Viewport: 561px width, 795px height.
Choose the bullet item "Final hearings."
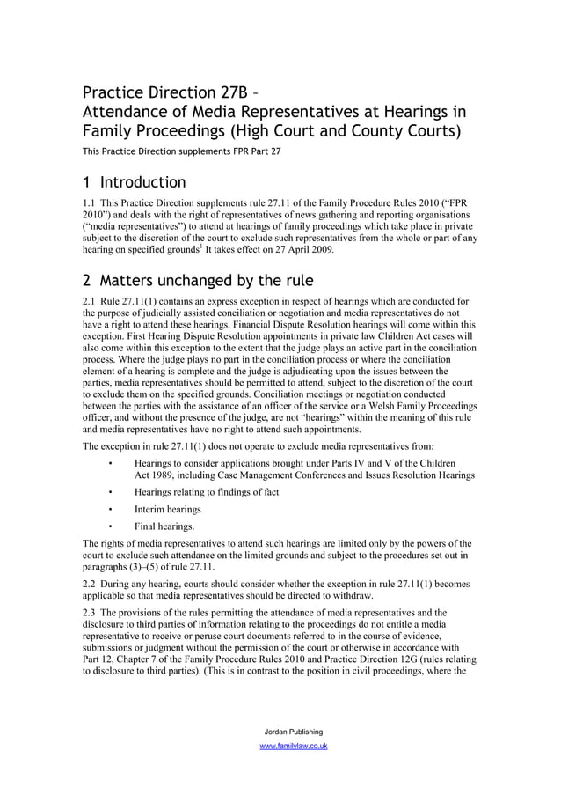164,526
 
